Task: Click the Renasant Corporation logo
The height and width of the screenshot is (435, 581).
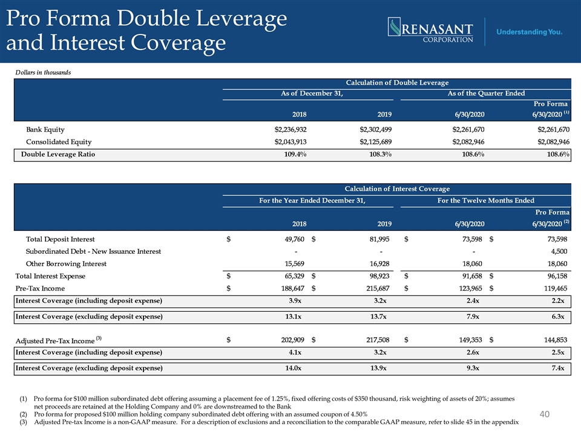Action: [x=430, y=30]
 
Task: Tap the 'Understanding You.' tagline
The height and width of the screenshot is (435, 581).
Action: [x=529, y=32]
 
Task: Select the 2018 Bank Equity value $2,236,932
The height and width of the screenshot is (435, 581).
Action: [x=290, y=129]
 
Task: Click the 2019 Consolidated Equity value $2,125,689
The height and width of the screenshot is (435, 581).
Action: [x=375, y=141]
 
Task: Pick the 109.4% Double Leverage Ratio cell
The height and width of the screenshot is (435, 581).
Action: [x=295, y=154]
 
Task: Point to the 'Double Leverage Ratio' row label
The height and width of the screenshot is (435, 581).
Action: [x=58, y=154]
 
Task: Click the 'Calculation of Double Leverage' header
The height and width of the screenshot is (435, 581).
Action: [x=397, y=83]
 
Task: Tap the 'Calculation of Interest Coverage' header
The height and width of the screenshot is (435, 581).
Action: [x=397, y=188]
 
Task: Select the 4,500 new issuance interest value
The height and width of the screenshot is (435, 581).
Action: [x=559, y=251]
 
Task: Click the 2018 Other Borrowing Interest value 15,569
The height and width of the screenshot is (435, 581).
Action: [x=295, y=264]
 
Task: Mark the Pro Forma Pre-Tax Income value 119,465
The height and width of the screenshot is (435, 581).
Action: [x=556, y=288]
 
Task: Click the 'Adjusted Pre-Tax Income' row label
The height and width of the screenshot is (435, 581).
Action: [x=59, y=340]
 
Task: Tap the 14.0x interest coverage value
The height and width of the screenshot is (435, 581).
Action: [x=293, y=368]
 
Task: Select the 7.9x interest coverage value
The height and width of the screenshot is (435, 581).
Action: [x=473, y=317]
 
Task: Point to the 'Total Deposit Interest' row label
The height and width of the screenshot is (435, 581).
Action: [x=60, y=239]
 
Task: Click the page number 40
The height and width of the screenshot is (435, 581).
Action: [x=544, y=414]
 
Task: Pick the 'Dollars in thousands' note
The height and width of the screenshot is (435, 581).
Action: [x=43, y=72]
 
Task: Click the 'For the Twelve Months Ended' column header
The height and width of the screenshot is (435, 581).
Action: [x=486, y=201]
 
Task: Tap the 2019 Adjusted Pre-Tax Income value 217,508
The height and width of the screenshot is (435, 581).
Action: [x=378, y=340]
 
